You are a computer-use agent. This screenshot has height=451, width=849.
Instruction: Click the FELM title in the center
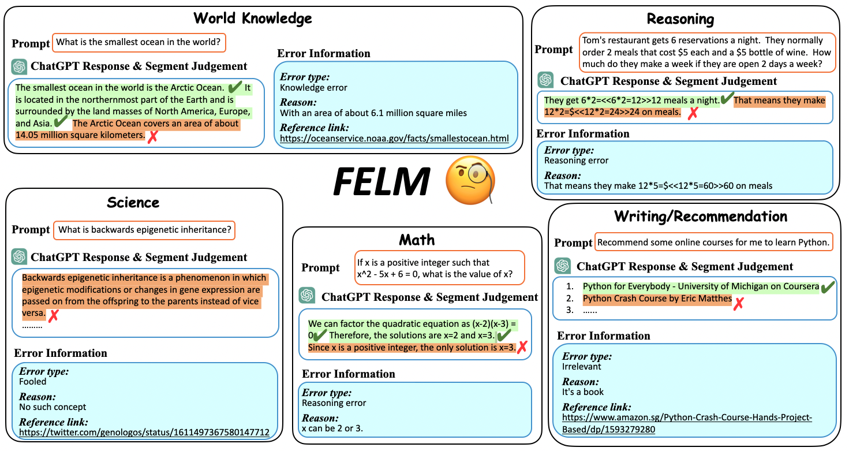coord(382,181)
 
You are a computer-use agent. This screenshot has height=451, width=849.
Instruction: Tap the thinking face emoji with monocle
coord(470,179)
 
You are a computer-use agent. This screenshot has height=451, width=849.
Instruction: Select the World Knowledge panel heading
coord(253,18)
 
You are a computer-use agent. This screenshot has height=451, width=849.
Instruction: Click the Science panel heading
coord(133,202)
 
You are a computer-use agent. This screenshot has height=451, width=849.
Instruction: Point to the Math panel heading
coord(417,240)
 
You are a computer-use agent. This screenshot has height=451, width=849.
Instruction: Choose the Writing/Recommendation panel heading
coord(701,216)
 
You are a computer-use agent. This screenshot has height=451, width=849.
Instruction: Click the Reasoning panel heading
coord(680,19)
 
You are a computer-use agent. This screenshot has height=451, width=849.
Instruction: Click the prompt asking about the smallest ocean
coord(139,42)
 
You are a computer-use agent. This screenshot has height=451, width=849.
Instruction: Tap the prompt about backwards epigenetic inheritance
coord(145,230)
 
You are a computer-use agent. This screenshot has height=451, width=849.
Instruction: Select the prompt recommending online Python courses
coord(713,243)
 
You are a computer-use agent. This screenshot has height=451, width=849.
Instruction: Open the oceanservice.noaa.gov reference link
coord(394,139)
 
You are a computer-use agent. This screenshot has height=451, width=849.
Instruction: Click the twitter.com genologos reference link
coord(144,432)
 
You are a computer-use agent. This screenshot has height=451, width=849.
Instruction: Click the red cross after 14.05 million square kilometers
coord(153,137)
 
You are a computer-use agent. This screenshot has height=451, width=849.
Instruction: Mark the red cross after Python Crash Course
coord(738,303)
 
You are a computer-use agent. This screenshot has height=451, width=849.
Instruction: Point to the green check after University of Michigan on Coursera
coord(828,287)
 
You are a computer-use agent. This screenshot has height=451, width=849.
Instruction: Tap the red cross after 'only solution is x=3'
coord(522,347)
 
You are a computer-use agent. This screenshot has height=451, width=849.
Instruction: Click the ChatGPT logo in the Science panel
coord(20,256)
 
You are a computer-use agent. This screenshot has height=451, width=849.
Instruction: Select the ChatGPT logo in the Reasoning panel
coord(545,80)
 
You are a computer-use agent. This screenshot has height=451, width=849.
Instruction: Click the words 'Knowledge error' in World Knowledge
coord(313,88)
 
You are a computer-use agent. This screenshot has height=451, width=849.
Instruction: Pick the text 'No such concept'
coord(53,407)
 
